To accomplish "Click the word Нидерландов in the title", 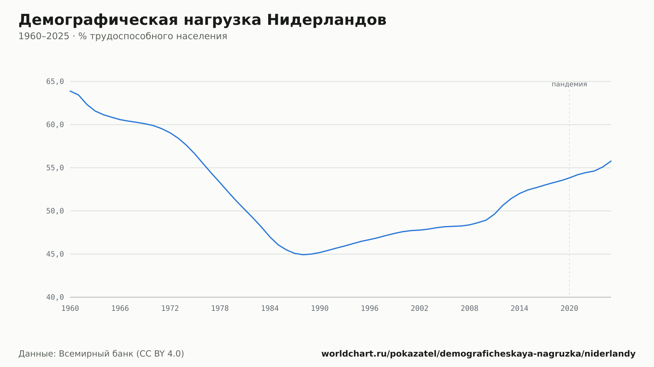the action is tap(327, 20).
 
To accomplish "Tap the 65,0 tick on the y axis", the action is tap(55, 82).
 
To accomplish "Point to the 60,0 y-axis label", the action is tap(55, 125).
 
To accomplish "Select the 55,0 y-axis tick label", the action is tap(55, 168).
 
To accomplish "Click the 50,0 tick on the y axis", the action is tap(55, 211).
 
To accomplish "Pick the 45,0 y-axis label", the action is tap(55, 254).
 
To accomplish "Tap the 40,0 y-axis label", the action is tap(55, 297).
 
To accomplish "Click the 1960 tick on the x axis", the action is tap(70, 309).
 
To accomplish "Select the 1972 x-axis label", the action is tap(170, 309).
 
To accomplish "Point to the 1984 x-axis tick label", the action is tap(270, 309).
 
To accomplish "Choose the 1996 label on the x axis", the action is tap(370, 309).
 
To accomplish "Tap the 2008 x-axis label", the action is tap(470, 309).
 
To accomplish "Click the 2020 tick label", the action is tap(569, 309).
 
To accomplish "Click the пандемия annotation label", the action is tap(569, 84).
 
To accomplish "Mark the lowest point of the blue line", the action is tap(303, 255).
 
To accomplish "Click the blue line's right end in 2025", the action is tap(611, 161).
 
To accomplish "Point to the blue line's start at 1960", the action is tap(70, 91).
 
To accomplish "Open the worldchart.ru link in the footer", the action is tap(478, 354).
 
